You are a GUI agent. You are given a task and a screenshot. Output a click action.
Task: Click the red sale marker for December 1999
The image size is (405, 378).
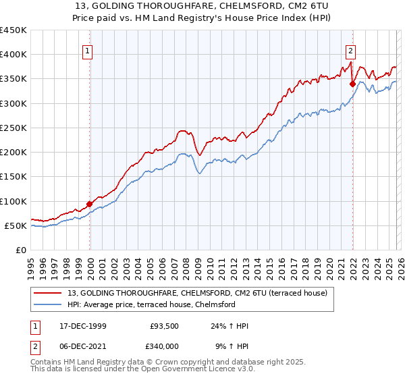click(x=90, y=204)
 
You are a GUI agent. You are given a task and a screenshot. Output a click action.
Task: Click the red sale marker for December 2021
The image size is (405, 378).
click(x=352, y=84)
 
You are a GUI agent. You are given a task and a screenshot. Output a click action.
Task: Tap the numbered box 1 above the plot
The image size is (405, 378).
click(x=90, y=49)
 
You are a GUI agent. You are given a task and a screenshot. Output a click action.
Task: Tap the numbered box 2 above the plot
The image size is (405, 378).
click(x=352, y=49)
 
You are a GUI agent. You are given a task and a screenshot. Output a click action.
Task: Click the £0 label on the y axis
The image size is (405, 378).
click(x=22, y=250)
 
